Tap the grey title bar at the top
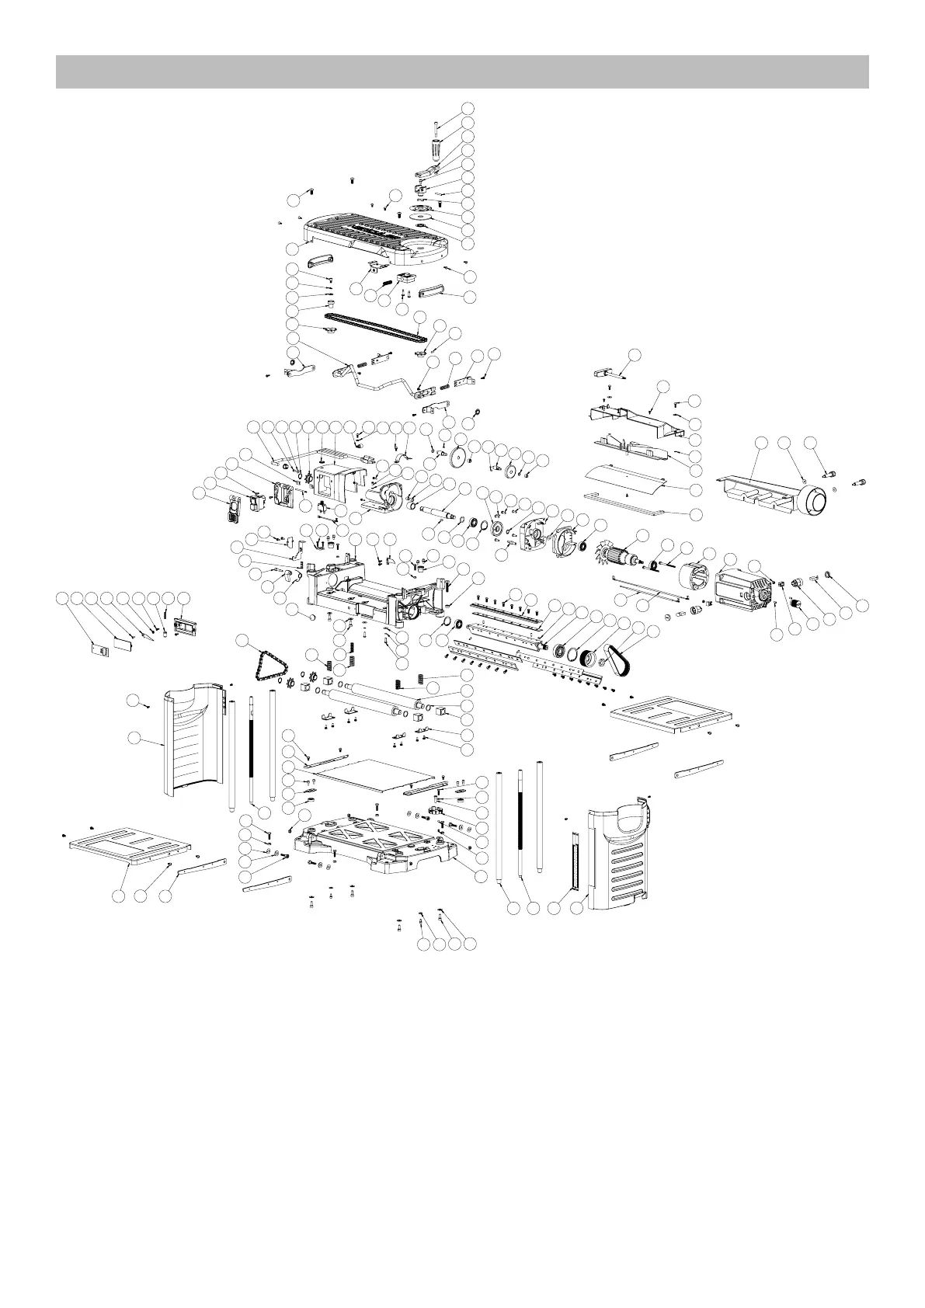coord(462,71)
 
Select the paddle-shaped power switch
coord(231,509)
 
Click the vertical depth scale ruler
coord(576,861)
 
